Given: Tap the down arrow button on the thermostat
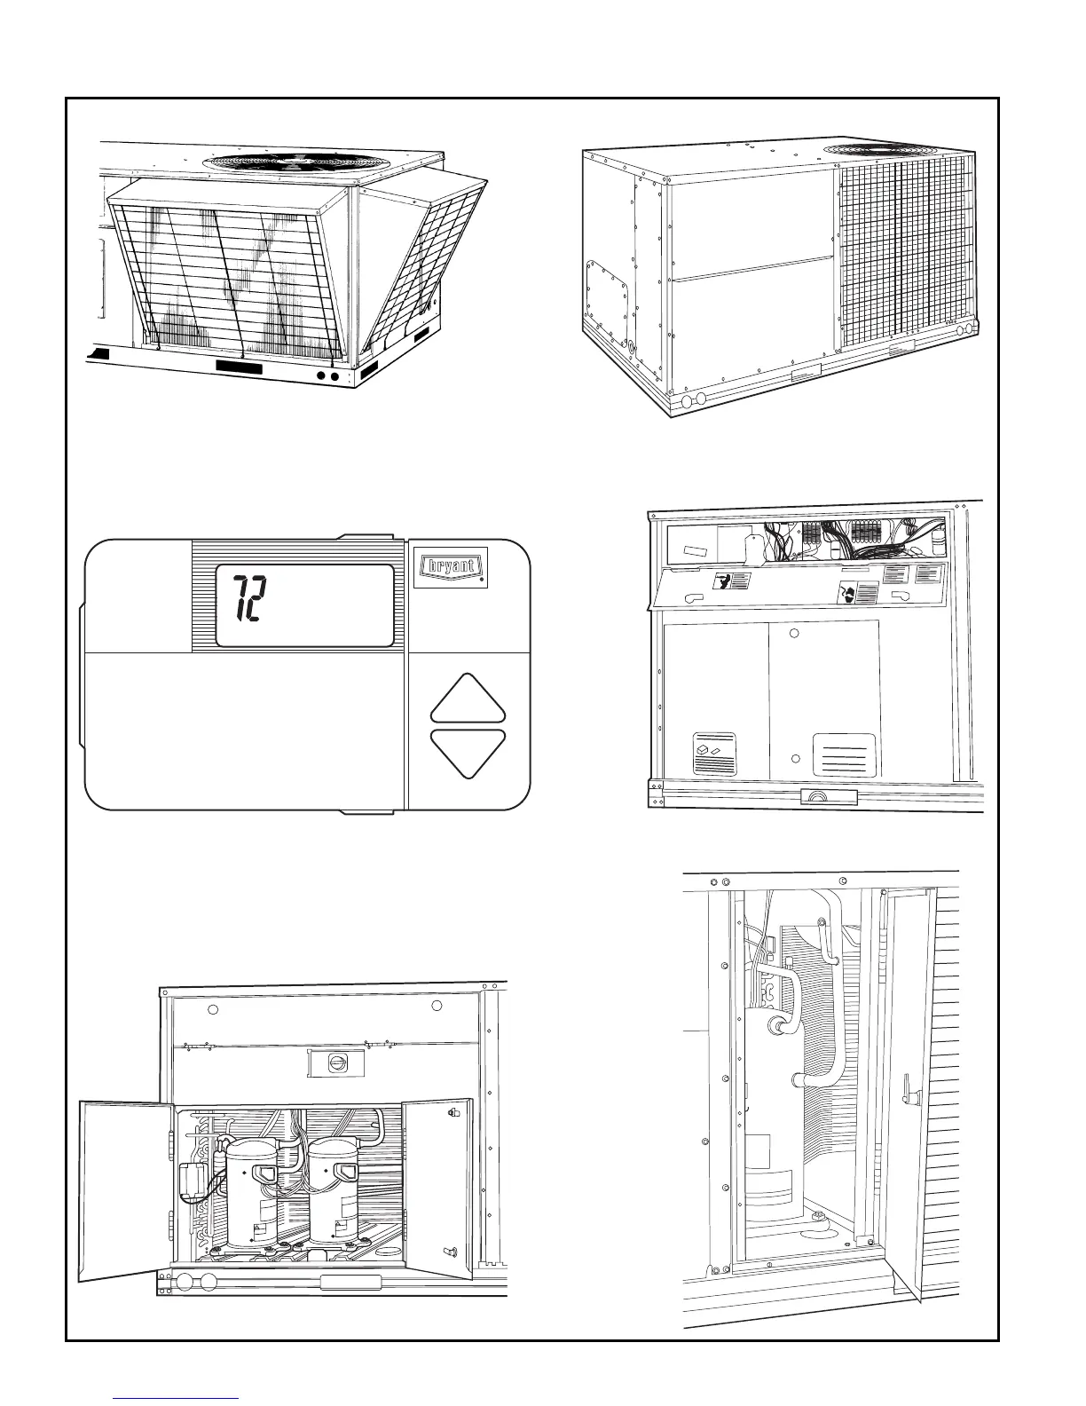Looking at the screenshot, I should click(468, 752).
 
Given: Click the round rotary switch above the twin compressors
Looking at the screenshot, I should click(336, 1062).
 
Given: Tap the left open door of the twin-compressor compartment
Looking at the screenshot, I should click(123, 1189).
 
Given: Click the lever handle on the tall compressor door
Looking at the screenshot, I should click(905, 1084).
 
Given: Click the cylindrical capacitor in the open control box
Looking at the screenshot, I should click(940, 540).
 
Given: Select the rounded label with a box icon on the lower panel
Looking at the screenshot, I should click(713, 754).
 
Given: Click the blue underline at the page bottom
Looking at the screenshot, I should click(177, 1398).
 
